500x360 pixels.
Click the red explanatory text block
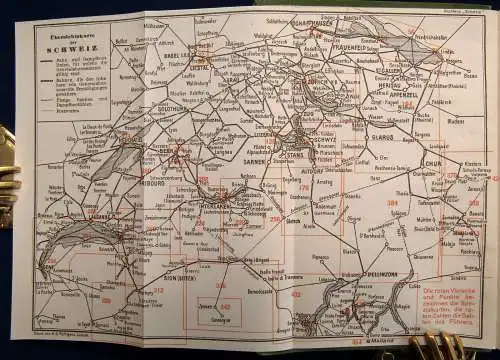[449, 299]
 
